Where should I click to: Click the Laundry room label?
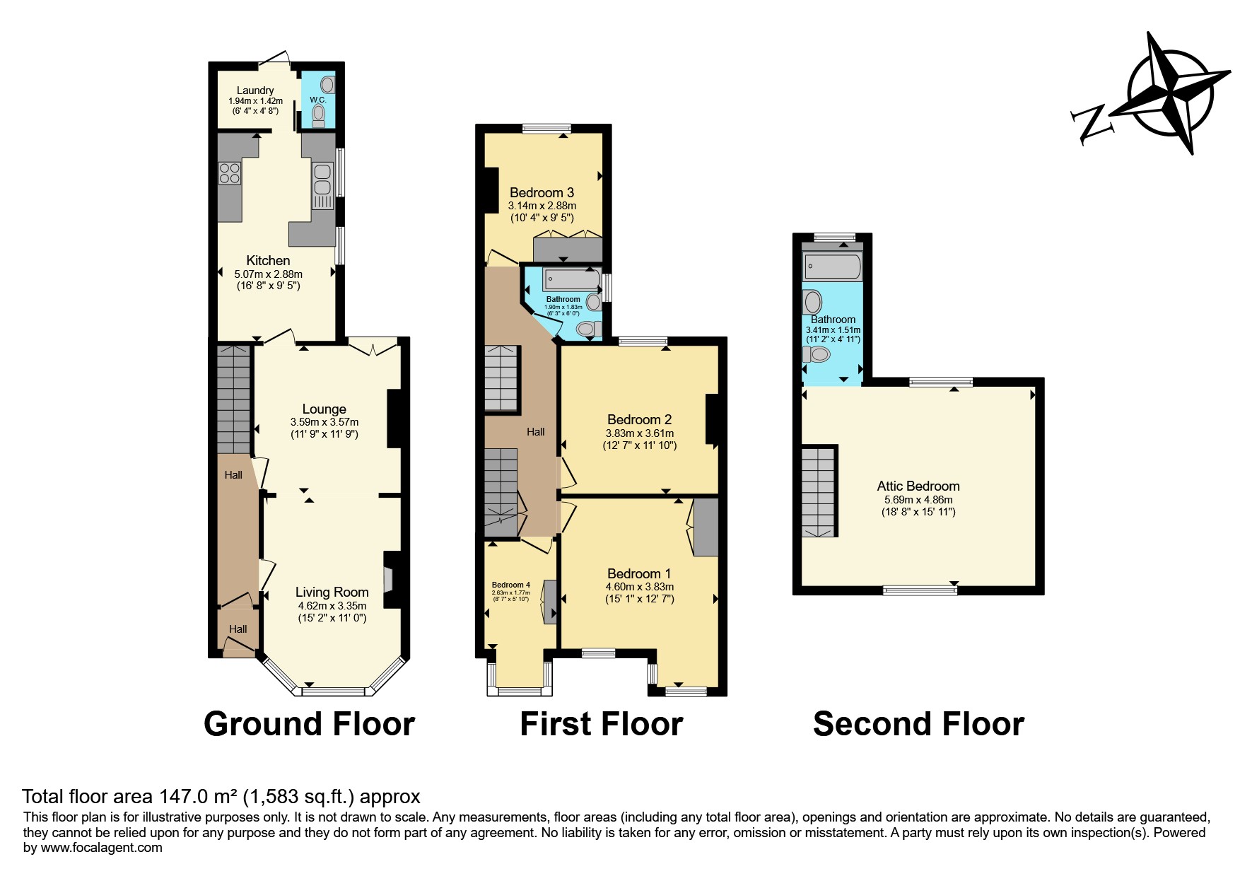click(x=255, y=90)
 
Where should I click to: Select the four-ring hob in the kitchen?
click(x=230, y=173)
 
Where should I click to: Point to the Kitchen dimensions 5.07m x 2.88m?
click(x=268, y=274)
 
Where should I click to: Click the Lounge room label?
click(x=324, y=409)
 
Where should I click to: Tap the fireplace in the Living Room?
click(x=390, y=580)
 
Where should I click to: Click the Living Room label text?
click(x=332, y=592)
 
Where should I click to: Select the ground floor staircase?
click(x=233, y=399)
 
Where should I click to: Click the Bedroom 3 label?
click(x=542, y=192)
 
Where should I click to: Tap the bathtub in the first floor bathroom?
click(x=571, y=280)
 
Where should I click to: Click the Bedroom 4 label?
click(x=511, y=585)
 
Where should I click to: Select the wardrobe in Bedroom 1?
click(x=705, y=527)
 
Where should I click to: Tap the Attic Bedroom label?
click(x=918, y=486)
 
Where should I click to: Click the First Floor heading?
click(x=601, y=724)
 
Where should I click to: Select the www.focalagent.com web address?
click(x=101, y=848)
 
